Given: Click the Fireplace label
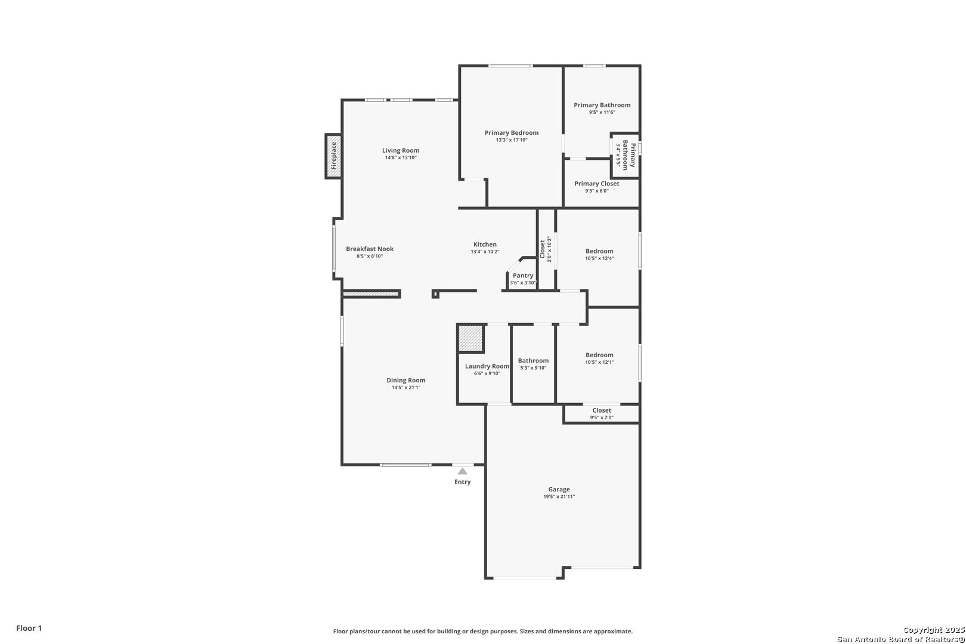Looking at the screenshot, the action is click(333, 156).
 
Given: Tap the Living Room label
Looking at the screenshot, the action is click(401, 150).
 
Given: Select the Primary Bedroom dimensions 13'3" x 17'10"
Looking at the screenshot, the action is click(512, 140).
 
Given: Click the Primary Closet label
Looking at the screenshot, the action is click(597, 184).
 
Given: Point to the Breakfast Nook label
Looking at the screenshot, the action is click(370, 249).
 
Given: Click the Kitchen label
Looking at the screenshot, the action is click(485, 244).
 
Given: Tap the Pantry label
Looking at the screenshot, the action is click(523, 275).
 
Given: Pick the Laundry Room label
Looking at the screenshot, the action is click(487, 366).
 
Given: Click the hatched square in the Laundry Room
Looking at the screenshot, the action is click(470, 339).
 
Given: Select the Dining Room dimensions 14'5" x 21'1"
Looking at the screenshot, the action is click(406, 388).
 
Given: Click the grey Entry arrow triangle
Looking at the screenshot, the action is click(462, 471).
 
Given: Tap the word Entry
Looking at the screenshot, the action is click(462, 482).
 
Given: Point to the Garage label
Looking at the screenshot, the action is click(559, 490).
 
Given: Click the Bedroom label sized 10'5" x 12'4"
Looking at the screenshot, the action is click(599, 252).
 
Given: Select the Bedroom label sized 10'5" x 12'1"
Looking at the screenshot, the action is click(599, 355).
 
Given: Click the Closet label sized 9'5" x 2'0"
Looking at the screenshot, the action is click(602, 411).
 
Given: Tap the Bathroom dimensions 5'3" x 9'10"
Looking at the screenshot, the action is click(534, 368).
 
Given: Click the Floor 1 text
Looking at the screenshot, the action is click(29, 628).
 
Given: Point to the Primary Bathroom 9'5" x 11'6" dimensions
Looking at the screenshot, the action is click(602, 113).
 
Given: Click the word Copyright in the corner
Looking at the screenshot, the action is click(923, 630).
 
